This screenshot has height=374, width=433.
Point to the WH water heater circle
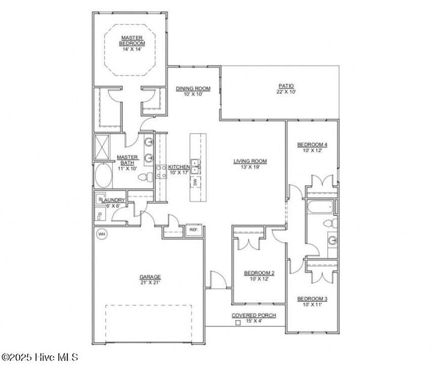pyautogui.click(x=102, y=234)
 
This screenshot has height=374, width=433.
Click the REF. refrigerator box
pyautogui.click(x=194, y=230)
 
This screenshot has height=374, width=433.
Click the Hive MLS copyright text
pyautogui.click(x=40, y=357)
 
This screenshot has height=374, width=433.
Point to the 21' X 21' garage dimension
pyautogui.click(x=150, y=283)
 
